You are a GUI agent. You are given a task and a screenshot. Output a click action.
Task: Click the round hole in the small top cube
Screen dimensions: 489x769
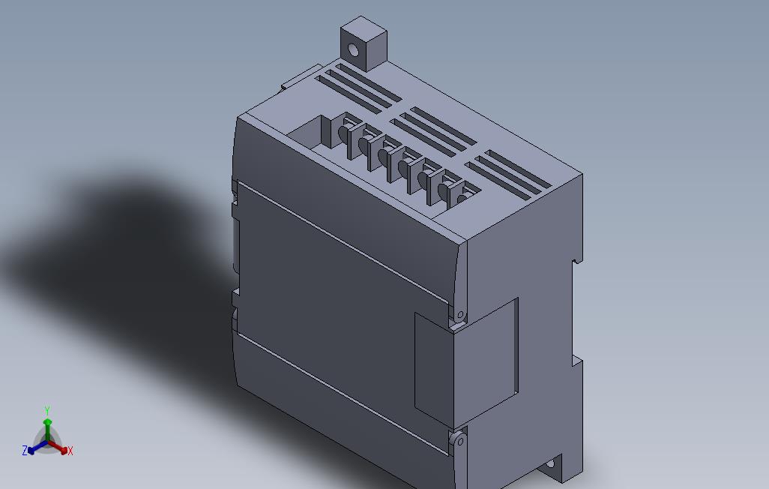(x=353, y=50)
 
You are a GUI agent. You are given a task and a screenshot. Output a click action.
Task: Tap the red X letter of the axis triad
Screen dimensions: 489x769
(x=70, y=451)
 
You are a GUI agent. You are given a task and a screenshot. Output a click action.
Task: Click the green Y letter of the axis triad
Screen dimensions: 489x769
(x=46, y=411)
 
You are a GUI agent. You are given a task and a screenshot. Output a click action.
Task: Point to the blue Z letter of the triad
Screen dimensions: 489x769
(x=25, y=451)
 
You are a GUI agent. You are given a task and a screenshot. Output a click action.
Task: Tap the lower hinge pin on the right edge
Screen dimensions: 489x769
(x=459, y=442)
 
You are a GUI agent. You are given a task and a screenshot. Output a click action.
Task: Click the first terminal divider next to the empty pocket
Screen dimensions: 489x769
(x=346, y=137)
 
